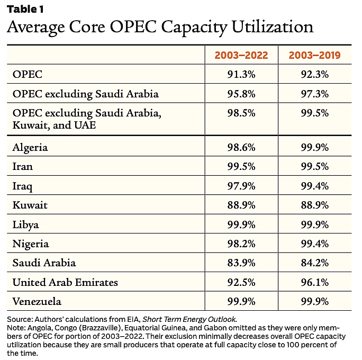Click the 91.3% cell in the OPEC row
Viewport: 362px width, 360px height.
point(241,75)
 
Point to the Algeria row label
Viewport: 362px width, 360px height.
point(30,148)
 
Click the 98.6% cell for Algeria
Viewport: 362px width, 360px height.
point(241,148)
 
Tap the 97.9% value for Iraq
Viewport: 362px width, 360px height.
point(241,186)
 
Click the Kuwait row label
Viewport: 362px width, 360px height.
point(29,205)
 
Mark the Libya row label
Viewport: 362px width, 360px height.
point(25,224)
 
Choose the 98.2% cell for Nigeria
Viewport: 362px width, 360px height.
point(241,244)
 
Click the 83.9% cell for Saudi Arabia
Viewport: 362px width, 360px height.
point(241,263)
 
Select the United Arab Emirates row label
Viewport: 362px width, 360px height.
point(65,282)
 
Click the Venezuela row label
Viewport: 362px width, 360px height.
point(37,301)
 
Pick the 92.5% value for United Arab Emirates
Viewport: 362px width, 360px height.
point(241,282)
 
